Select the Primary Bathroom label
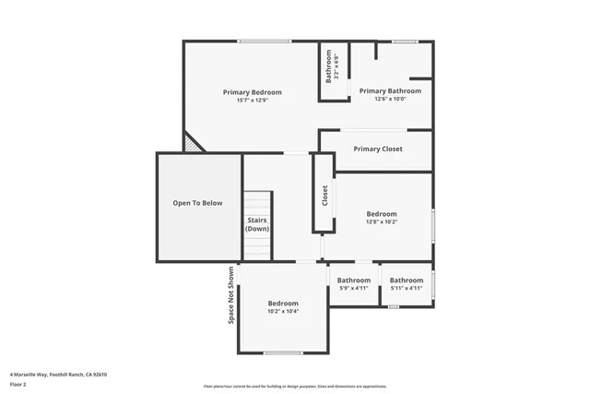[x=390, y=90]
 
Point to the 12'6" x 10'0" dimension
[x=390, y=99]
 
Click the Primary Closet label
[x=378, y=149]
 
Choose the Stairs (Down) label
[x=257, y=224]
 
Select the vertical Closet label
[x=324, y=195]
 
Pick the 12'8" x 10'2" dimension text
[x=381, y=221]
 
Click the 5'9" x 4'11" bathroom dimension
[x=353, y=288]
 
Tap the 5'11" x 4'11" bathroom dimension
[x=406, y=288]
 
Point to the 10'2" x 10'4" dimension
[x=283, y=311]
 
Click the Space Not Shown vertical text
[x=230, y=295]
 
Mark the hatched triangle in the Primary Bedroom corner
[x=192, y=144]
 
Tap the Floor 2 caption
[x=18, y=384]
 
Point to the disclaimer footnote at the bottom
[x=308, y=386]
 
